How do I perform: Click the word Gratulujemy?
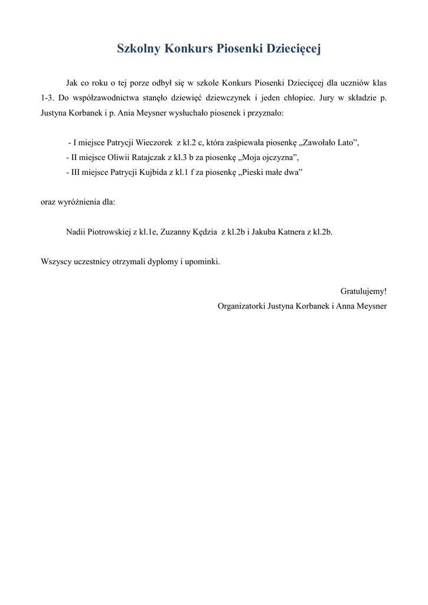[x=364, y=291]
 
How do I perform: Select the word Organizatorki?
[x=241, y=306]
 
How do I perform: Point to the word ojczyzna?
[x=270, y=157]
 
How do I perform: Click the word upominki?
[x=201, y=261]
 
